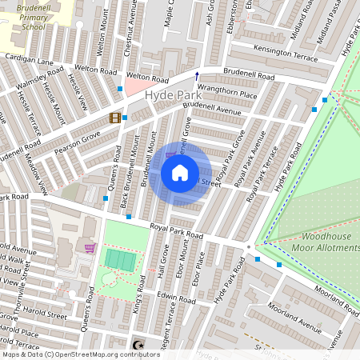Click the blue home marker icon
180,173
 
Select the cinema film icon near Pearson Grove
114,118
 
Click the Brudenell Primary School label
23,15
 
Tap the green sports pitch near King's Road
121,260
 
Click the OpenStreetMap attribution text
70,354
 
